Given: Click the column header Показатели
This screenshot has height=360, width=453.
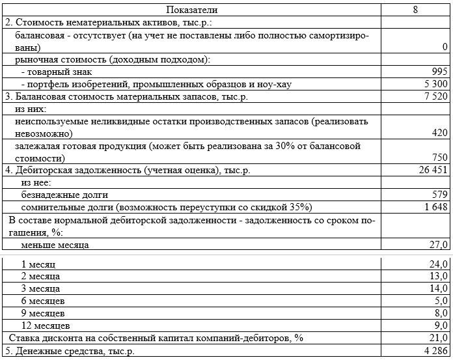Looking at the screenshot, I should pos(192,10).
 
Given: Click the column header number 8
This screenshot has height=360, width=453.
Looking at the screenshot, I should pos(415,10).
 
